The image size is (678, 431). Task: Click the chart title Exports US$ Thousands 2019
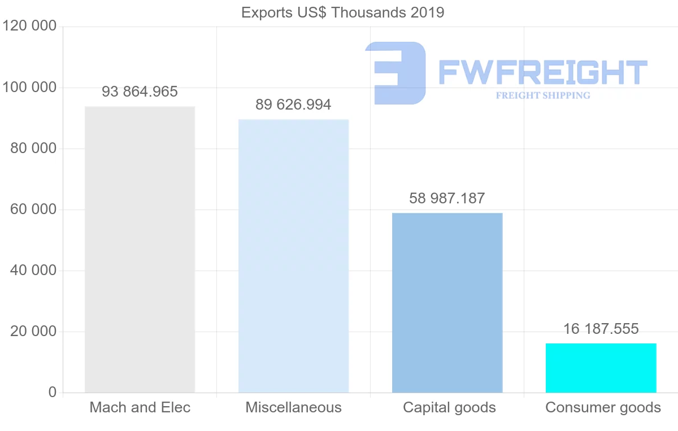[x=342, y=12]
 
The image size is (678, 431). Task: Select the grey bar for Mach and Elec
[x=140, y=249]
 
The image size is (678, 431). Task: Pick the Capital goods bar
[x=447, y=302]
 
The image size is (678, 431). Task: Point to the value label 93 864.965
[x=140, y=92]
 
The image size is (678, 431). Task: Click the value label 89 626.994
[x=293, y=105]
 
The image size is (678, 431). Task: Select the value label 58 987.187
[x=447, y=198]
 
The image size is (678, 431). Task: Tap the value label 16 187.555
[x=601, y=329]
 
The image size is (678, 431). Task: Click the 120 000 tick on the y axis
[x=29, y=27]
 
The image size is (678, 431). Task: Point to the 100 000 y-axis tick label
[x=29, y=88]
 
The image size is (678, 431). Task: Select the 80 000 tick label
[x=33, y=149]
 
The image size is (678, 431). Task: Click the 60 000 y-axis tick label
[x=33, y=210]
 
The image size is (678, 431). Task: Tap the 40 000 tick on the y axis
[x=33, y=271]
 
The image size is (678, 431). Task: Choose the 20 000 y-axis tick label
[x=33, y=332]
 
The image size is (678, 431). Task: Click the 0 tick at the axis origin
[x=53, y=393]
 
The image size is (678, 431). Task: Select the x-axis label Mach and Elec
[x=140, y=407]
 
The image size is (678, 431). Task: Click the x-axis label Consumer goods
[x=603, y=407]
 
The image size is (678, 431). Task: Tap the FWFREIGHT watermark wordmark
[x=542, y=72]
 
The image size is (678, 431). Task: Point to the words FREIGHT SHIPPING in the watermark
[x=542, y=95]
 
